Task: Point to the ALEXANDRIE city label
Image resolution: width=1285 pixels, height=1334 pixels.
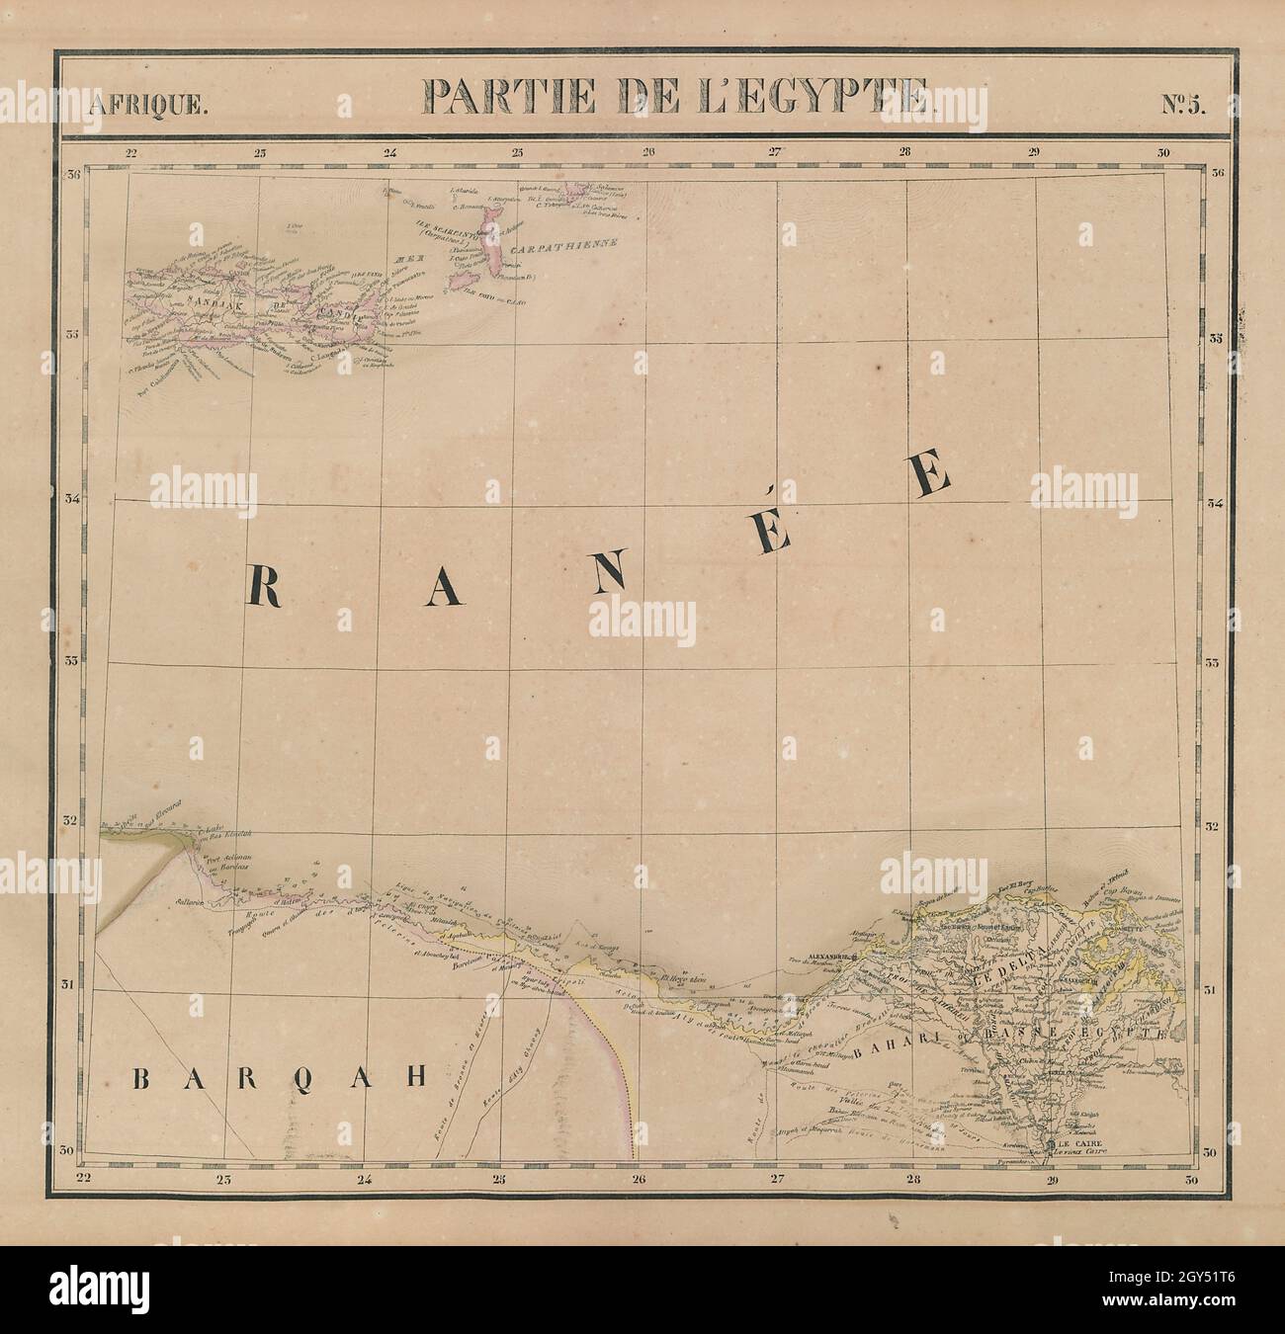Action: pos(823,957)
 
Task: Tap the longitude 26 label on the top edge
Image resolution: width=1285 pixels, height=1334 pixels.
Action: pos(648,152)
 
